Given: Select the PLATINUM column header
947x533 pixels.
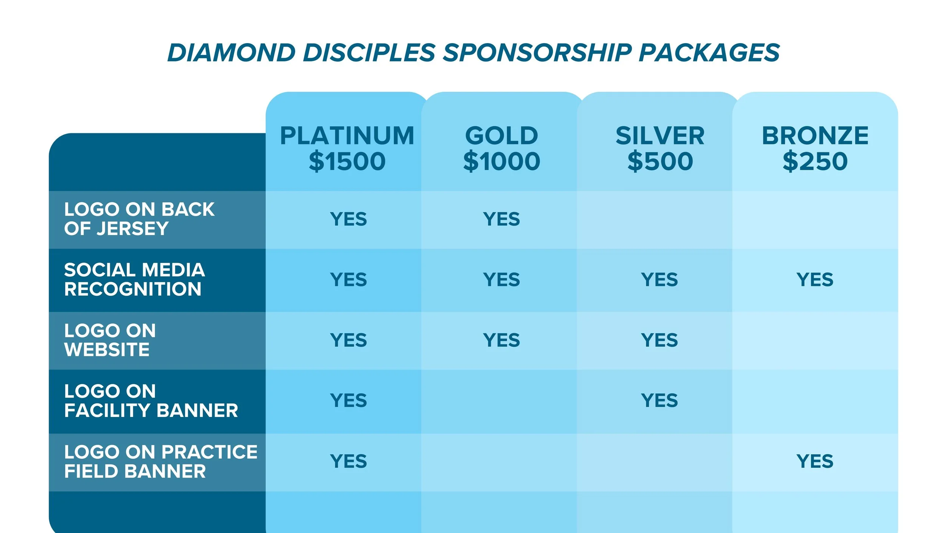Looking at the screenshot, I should click(x=347, y=136).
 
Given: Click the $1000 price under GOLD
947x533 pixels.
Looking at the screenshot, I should click(x=502, y=161).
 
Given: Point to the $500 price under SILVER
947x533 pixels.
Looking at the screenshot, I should click(x=660, y=161).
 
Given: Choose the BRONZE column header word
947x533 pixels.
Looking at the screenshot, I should click(x=815, y=136).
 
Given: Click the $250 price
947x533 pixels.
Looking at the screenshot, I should click(x=815, y=161).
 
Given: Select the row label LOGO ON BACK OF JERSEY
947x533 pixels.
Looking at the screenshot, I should click(x=139, y=219).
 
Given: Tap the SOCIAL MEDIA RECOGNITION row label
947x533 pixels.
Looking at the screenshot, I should click(x=134, y=279).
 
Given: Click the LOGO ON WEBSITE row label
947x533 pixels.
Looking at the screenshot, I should click(x=110, y=340).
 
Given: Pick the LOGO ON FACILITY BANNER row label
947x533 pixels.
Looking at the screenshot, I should click(x=151, y=401).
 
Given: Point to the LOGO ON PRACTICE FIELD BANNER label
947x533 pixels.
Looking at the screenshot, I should click(x=161, y=461).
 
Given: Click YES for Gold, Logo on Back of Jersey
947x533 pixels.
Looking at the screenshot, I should click(x=501, y=219).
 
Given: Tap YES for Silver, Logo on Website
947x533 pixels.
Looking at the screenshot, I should click(x=659, y=340).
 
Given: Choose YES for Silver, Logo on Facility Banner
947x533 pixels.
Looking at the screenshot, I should click(x=659, y=401).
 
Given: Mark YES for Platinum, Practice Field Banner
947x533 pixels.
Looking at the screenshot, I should click(x=348, y=461).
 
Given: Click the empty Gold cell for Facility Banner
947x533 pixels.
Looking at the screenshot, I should click(x=499, y=401).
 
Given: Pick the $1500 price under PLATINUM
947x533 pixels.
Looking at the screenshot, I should click(x=347, y=161).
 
